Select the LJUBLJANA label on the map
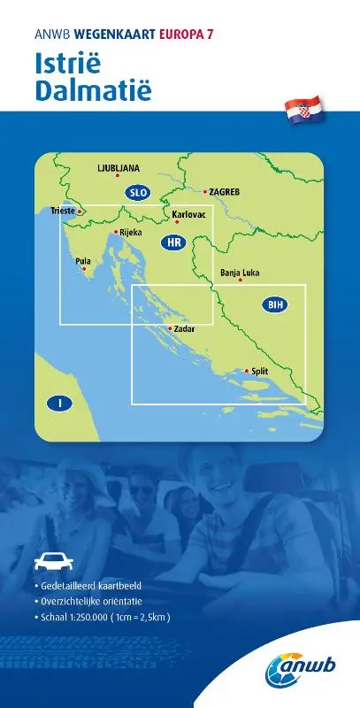tap(119, 167)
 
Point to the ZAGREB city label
tap(225, 191)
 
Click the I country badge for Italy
tap(59, 404)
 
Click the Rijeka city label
tap(130, 232)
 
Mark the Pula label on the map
tap(83, 262)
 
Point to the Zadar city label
tap(184, 329)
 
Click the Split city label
tap(259, 373)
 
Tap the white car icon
tap(51, 560)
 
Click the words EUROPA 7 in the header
tap(188, 34)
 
